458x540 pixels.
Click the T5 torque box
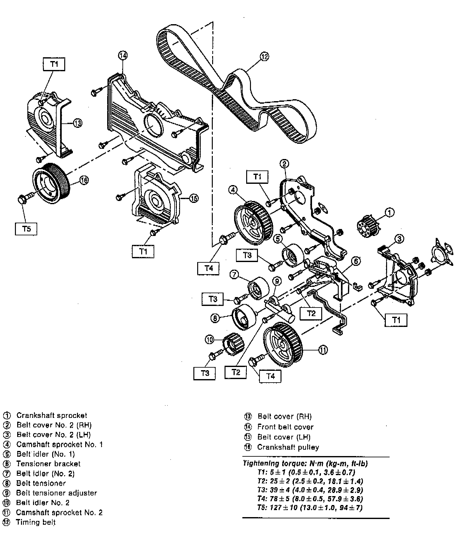coord(26,228)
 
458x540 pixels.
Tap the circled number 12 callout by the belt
coord(264,57)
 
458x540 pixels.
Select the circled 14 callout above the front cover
coord(123,55)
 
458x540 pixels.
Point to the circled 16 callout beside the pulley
coord(84,180)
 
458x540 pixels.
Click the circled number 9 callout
coord(277,281)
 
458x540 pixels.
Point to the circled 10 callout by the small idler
coord(209,340)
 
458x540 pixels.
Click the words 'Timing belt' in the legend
coord(36,522)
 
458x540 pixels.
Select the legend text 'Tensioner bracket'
coord(48,464)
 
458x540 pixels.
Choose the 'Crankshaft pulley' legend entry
coord(288,447)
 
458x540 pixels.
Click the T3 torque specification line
coord(310,490)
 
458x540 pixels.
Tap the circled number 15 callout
coord(194,198)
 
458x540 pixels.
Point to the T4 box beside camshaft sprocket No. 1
coord(209,268)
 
